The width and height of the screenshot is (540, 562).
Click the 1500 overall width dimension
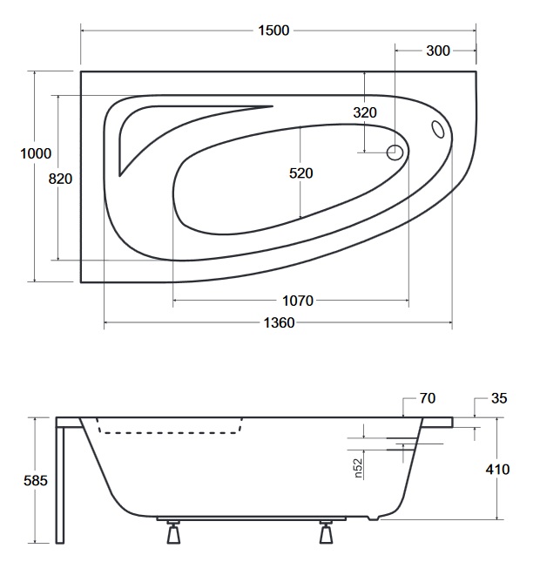[x=273, y=30]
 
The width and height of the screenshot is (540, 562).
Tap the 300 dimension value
[x=438, y=51]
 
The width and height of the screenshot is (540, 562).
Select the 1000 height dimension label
[x=36, y=153]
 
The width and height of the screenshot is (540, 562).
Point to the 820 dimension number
[x=60, y=179]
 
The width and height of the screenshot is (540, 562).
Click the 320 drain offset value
[x=365, y=112]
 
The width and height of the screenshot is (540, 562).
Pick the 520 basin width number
[x=301, y=173]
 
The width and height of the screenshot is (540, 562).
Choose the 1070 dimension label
[x=298, y=301]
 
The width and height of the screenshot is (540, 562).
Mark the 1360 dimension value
[x=279, y=323]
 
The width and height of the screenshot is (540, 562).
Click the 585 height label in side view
[x=36, y=481]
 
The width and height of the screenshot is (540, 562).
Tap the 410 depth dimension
[x=497, y=469]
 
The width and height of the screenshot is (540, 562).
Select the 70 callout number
[x=427, y=398]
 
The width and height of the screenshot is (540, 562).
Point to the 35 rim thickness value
[x=499, y=398]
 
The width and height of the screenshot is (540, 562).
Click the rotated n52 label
[x=358, y=469]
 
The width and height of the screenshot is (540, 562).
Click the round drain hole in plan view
[x=395, y=152]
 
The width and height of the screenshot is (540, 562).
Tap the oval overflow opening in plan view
[x=438, y=129]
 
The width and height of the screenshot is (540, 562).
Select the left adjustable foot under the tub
[x=173, y=532]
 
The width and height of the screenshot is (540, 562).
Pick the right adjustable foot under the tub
[x=326, y=532]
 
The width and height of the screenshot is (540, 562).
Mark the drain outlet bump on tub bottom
[x=374, y=518]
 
